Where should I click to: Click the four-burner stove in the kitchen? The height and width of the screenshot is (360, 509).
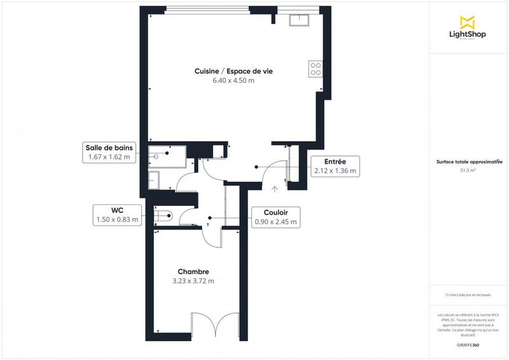pyautogui.click(x=314, y=68)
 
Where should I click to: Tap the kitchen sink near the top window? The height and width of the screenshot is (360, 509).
pyautogui.click(x=299, y=20)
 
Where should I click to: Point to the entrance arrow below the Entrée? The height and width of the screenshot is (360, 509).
pyautogui.click(x=274, y=188)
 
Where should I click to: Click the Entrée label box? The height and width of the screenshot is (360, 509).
pyautogui.click(x=335, y=166)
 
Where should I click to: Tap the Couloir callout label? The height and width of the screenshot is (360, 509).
pyautogui.click(x=275, y=218)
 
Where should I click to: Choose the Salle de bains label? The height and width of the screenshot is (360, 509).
pyautogui.click(x=109, y=152)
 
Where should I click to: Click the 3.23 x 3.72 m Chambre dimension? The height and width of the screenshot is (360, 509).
pyautogui.click(x=193, y=281)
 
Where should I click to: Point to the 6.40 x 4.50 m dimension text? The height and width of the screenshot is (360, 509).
pyautogui.click(x=234, y=81)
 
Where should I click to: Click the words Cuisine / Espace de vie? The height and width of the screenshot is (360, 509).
pyautogui.click(x=234, y=71)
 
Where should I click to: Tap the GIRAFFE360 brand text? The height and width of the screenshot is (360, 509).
pyautogui.click(x=468, y=343)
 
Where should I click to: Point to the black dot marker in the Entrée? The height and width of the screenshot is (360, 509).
pyautogui.click(x=256, y=167)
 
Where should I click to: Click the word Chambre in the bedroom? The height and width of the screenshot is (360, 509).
pyautogui.click(x=193, y=272)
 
